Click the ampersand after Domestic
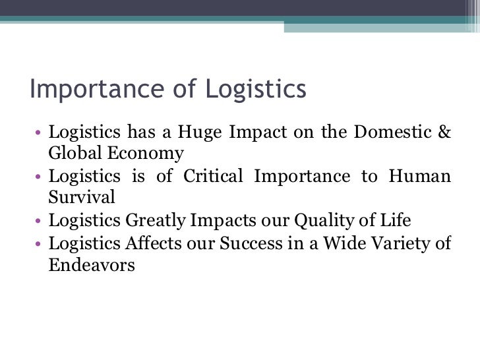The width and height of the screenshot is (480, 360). [x=444, y=132]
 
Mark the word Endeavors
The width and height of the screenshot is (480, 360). [x=92, y=266]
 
